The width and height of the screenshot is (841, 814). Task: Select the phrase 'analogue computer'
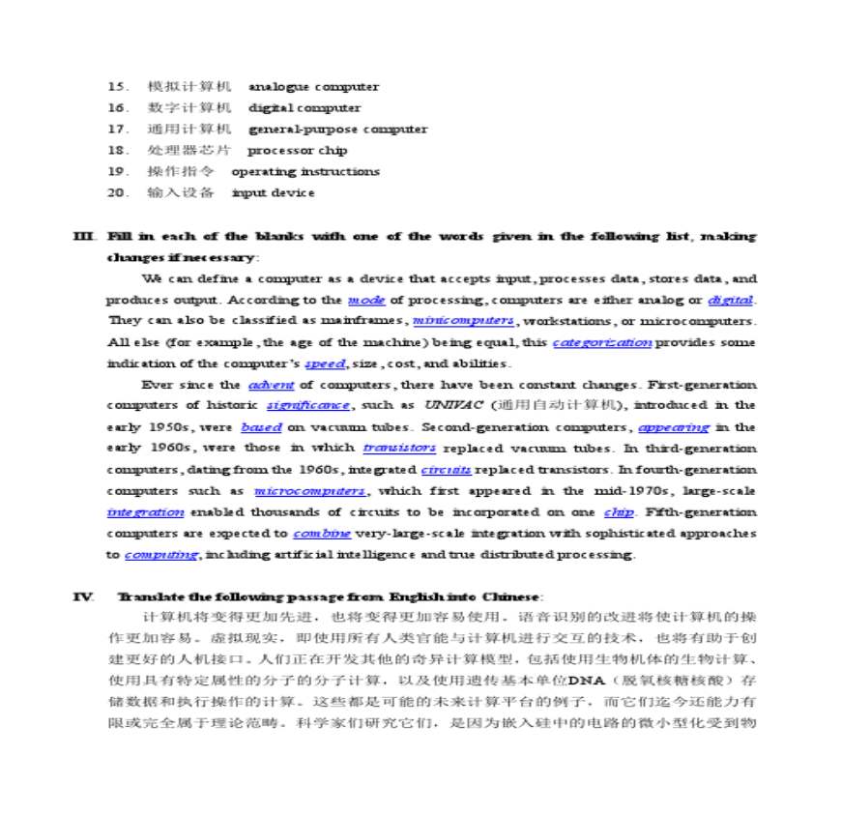click(307, 87)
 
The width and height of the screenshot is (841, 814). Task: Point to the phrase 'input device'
click(274, 193)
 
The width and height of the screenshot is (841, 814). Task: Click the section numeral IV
click(82, 596)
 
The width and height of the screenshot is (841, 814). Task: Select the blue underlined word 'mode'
click(366, 301)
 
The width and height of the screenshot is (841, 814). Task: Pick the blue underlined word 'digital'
click(731, 301)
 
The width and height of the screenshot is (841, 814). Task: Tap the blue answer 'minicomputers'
click(463, 321)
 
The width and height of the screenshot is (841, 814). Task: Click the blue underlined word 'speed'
click(325, 364)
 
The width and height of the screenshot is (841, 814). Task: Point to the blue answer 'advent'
click(271, 386)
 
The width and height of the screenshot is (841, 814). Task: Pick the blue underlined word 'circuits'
click(447, 470)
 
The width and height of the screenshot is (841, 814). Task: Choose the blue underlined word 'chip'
click(619, 512)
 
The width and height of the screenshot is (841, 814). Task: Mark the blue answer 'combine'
click(322, 534)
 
